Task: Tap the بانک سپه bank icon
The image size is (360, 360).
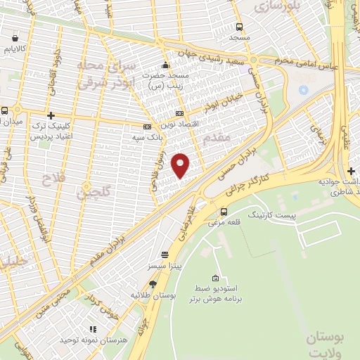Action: click(x=146, y=127)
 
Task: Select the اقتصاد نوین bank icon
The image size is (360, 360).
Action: click(x=179, y=113)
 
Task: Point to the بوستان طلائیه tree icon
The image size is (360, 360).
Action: click(x=153, y=284)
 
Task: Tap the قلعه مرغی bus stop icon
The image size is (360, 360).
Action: click(x=224, y=212)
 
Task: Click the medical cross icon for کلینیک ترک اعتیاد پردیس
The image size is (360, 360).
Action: click(x=50, y=115)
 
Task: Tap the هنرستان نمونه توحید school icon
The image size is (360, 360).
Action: click(x=91, y=328)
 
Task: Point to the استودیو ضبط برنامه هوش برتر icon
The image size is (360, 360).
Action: click(x=217, y=278)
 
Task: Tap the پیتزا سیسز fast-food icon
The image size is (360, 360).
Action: click(x=165, y=254)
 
